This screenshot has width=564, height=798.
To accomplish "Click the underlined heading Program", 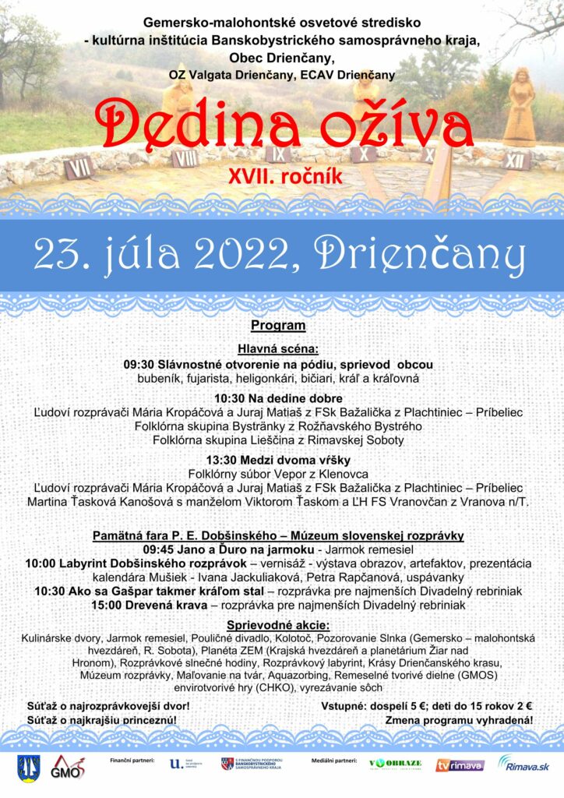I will click(278, 325).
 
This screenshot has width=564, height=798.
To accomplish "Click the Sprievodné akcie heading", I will click(278, 625).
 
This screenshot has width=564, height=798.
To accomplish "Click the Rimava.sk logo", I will click(523, 764).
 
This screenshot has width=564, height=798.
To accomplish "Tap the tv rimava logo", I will click(460, 765).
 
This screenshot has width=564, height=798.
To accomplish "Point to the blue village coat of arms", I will click(26, 768).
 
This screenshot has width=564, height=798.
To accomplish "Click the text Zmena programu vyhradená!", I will click(460, 720).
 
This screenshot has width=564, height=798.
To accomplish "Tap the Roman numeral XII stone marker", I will click(513, 161).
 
